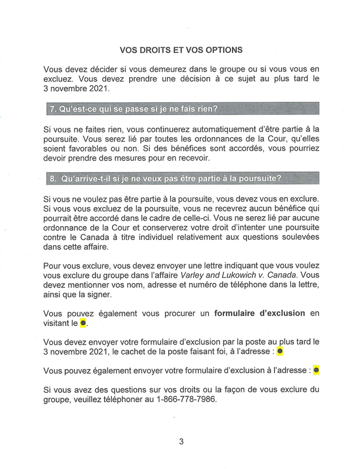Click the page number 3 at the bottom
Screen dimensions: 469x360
181,441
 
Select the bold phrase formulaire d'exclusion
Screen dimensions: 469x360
259,313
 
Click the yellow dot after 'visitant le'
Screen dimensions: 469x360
83,322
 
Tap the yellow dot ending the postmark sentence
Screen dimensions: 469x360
280,351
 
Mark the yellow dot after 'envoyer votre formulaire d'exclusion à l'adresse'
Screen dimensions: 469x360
316,370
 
